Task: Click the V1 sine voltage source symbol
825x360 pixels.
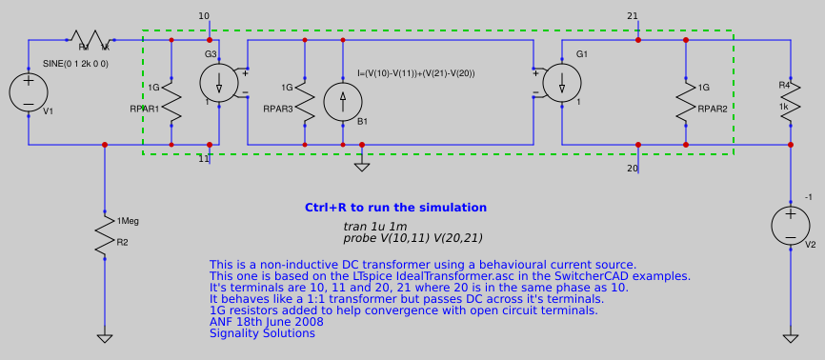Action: click(29, 92)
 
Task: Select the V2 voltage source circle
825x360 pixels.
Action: click(790, 226)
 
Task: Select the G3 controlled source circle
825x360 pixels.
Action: click(218, 83)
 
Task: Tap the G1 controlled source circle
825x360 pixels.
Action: click(561, 83)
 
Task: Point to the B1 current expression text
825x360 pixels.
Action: click(415, 73)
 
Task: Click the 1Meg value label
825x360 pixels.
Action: click(128, 221)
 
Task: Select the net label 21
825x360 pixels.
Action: click(633, 16)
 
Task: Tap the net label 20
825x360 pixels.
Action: click(633, 169)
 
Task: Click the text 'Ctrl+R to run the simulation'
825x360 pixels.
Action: click(395, 208)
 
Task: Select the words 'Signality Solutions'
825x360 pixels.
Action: click(262, 333)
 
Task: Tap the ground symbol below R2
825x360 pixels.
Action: click(104, 337)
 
